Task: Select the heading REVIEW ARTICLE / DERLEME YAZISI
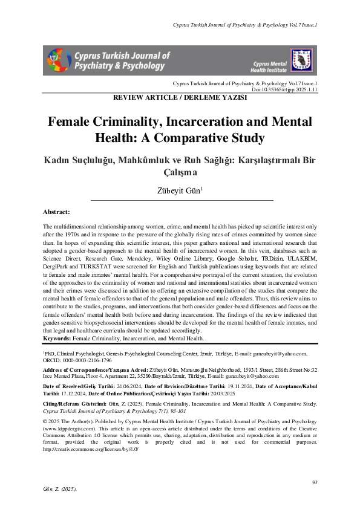pyautogui.click(x=180, y=97)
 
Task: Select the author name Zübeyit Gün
pyautogui.click(x=180, y=191)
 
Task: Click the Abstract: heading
pyautogui.click(x=57, y=212)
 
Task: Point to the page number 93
pyautogui.click(x=314, y=482)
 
